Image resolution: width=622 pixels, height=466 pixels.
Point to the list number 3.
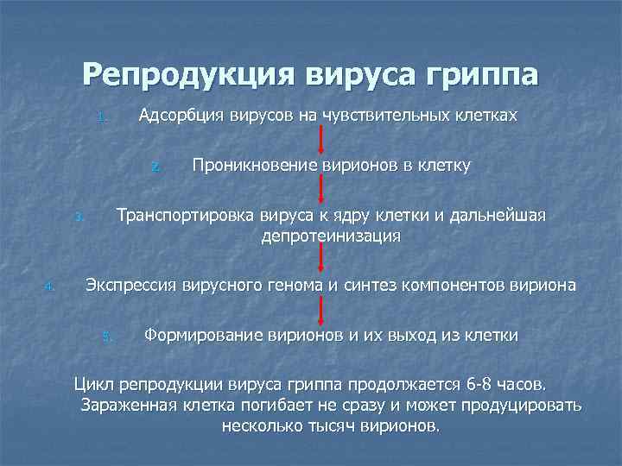(x=78, y=217)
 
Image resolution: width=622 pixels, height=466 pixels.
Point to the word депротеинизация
(x=331, y=236)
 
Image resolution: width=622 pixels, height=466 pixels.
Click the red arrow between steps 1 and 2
(x=321, y=140)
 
